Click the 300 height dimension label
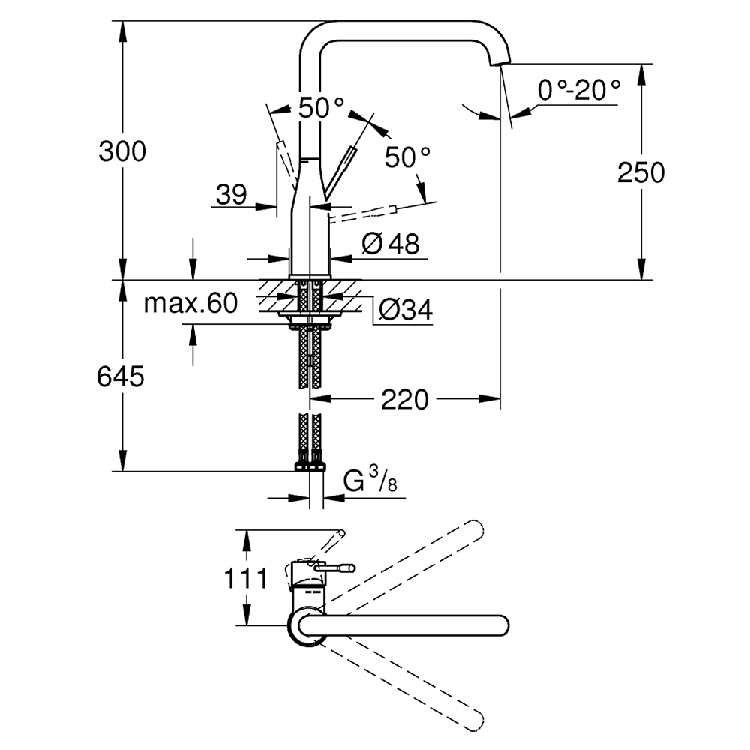122,152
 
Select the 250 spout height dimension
640,172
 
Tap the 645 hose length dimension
120,376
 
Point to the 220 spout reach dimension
405,400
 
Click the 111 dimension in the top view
244,579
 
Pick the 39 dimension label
232,195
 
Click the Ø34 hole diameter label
405,310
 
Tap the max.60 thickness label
190,303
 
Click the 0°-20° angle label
579,91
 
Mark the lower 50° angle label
408,157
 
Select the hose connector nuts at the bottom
310,463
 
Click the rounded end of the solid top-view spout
501,625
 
